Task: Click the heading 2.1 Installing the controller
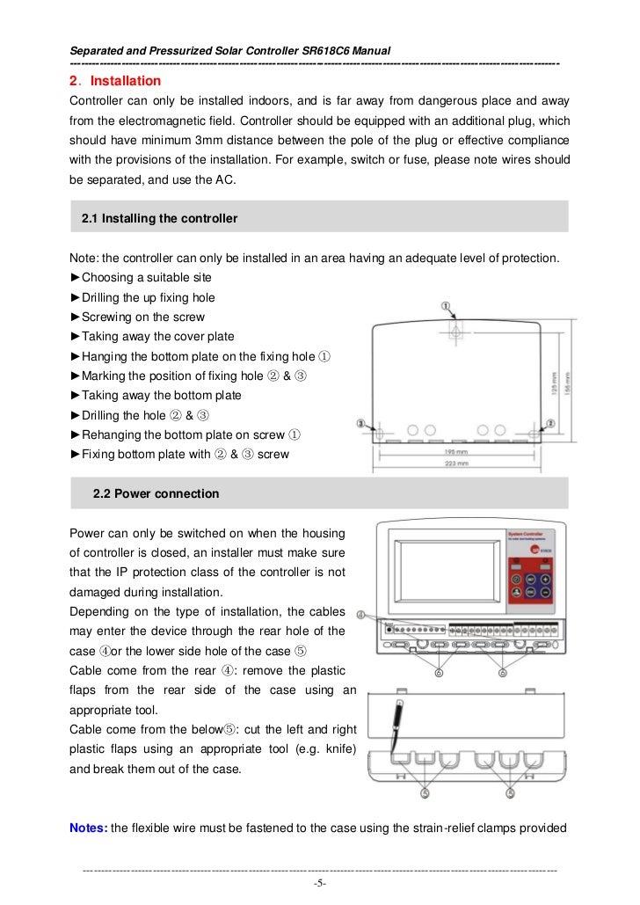pos(159,218)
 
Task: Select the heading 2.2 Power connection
pos(156,494)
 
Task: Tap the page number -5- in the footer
pos(320,883)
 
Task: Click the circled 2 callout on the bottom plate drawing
pos(550,423)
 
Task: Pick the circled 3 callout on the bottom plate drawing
pos(360,424)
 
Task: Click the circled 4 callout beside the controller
pos(364,617)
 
